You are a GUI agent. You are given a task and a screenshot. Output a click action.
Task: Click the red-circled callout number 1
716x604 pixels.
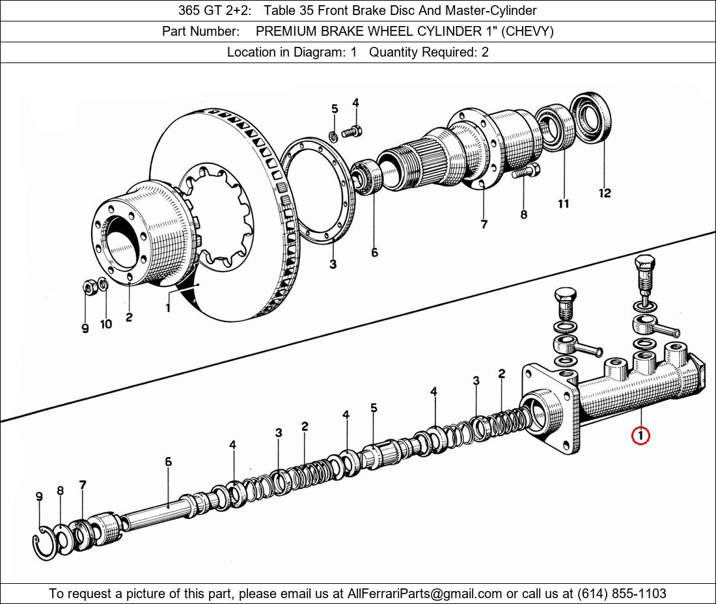tap(640, 435)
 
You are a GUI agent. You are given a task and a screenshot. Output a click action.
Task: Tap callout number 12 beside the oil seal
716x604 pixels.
tap(605, 193)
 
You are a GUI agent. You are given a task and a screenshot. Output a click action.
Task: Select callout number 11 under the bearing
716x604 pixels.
tap(564, 204)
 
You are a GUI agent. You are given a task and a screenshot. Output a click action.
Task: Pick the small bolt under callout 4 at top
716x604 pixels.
tap(351, 132)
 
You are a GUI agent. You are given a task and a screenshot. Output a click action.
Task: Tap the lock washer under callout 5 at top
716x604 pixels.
tap(334, 136)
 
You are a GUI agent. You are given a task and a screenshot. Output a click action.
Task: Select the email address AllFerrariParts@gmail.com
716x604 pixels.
tap(424, 594)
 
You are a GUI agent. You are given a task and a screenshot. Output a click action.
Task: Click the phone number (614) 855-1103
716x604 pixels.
tap(622, 594)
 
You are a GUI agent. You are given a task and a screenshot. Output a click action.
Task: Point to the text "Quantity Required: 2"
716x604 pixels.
tap(429, 52)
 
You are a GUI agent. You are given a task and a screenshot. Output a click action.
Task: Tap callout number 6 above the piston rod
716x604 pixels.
tap(169, 462)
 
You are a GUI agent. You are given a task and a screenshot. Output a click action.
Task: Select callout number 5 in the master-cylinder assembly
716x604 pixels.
tap(374, 407)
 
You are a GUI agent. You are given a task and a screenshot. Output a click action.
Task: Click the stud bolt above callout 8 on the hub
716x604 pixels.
tap(526, 172)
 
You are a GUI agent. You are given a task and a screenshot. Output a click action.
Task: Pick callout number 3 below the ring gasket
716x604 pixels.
tap(333, 264)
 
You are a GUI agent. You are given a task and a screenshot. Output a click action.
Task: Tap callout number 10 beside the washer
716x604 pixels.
tap(106, 324)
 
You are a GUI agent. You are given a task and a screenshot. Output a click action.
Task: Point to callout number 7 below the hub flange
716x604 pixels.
tap(484, 224)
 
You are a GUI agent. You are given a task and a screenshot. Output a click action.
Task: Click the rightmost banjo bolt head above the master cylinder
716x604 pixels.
tap(645, 264)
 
